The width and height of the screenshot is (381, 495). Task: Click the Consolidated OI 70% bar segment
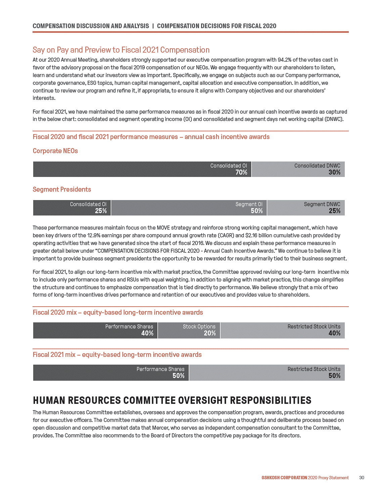click(142, 169)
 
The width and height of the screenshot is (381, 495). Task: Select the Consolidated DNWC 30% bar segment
click(298, 169)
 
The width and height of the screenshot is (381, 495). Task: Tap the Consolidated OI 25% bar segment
click(72, 208)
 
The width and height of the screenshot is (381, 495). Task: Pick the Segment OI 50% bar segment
click(189, 208)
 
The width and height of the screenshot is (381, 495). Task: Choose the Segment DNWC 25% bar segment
click(306, 208)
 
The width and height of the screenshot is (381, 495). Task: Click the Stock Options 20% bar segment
click(189, 330)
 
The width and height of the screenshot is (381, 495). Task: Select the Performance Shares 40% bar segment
click(95, 330)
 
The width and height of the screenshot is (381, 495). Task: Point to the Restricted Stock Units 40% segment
click(282, 330)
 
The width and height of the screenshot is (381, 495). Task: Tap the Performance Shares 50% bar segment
click(111, 372)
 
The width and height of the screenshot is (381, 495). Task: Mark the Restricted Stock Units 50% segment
click(267, 372)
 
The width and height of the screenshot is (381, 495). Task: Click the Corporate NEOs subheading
click(55, 151)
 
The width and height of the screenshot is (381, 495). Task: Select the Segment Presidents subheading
click(62, 189)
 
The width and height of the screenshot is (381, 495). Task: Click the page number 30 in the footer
click(362, 478)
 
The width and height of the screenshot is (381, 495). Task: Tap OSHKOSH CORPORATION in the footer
click(284, 478)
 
